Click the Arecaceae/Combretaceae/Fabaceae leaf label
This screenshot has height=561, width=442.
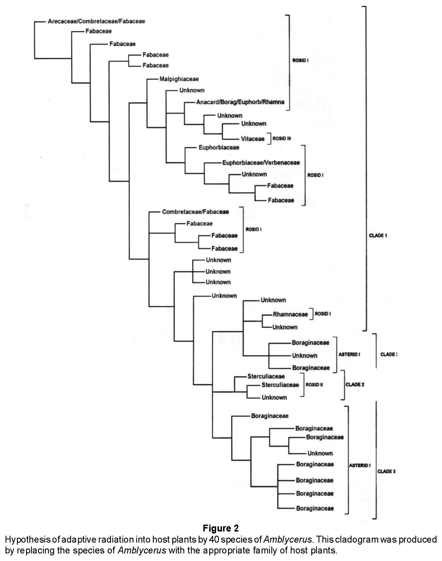[x=96, y=21]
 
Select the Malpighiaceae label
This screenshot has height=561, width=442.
[x=179, y=79]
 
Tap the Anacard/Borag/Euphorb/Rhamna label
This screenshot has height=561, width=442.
[x=240, y=102]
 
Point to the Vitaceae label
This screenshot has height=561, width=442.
[x=252, y=139]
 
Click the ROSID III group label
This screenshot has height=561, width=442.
[x=282, y=138]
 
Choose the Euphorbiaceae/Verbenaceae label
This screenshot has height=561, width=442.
[x=261, y=163]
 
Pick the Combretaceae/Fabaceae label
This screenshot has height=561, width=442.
[x=195, y=212]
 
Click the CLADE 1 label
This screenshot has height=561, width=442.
[x=378, y=235]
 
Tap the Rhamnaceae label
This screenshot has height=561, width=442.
[x=290, y=314]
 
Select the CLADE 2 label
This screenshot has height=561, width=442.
[x=355, y=384]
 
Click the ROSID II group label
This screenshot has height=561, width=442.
[x=314, y=385]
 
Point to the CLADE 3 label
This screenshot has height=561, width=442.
[x=386, y=471]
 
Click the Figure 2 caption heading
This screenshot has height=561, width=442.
[x=221, y=528]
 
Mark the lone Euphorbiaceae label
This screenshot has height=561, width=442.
[x=219, y=148]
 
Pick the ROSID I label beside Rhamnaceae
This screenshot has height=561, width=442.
[x=322, y=314]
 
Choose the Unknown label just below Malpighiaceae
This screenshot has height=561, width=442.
[x=192, y=90]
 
